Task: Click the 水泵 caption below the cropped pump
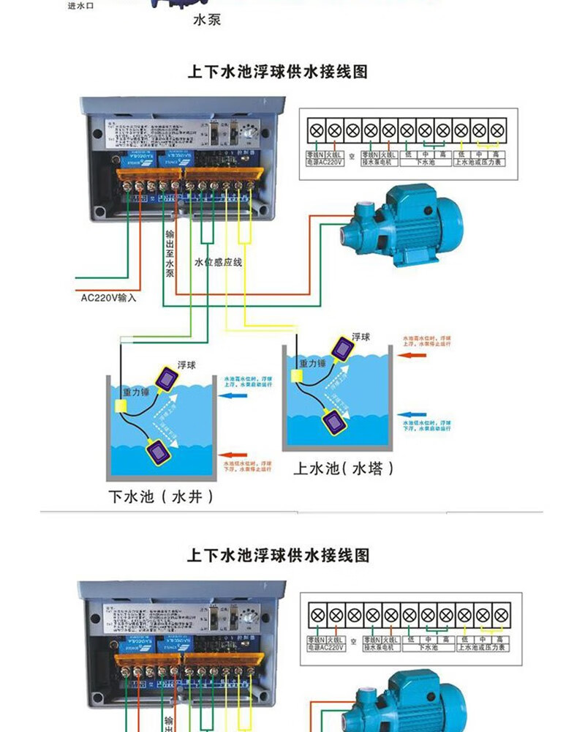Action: tap(206, 20)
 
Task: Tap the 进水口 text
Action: tap(82, 6)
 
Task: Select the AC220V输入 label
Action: tap(108, 298)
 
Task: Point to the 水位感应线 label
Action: tap(218, 262)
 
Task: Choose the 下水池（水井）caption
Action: tap(162, 497)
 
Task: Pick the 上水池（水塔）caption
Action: tap(343, 468)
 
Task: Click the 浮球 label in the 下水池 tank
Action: tap(186, 365)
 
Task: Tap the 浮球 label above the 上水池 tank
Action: tap(361, 336)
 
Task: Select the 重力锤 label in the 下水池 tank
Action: tap(136, 392)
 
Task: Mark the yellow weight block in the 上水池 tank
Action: tap(297, 376)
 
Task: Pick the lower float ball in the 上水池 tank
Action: tap(335, 422)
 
